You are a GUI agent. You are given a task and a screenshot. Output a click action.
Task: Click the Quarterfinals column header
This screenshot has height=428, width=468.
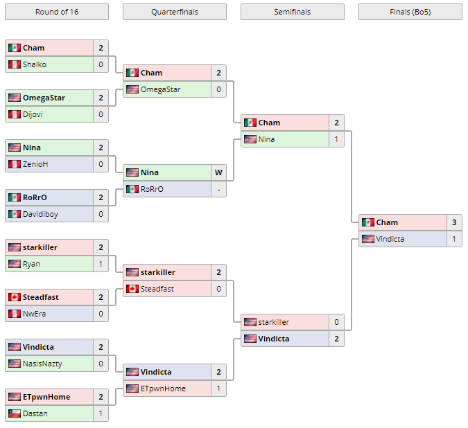click(x=174, y=12)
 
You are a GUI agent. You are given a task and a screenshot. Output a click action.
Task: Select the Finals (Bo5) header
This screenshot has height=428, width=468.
click(x=410, y=12)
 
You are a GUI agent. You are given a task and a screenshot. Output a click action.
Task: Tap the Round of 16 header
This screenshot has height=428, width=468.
click(x=56, y=12)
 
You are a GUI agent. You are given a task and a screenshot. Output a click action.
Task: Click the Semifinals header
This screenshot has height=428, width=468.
click(x=292, y=12)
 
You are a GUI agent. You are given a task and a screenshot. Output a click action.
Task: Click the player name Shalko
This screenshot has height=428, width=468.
click(x=35, y=64)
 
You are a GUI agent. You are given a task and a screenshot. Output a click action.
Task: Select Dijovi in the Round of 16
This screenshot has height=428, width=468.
click(x=33, y=114)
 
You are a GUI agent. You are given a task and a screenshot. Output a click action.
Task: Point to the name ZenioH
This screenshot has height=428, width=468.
click(x=35, y=164)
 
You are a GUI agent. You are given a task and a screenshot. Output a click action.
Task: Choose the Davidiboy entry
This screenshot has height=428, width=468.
click(x=40, y=214)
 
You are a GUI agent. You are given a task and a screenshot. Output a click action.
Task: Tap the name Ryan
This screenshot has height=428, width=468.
click(x=31, y=264)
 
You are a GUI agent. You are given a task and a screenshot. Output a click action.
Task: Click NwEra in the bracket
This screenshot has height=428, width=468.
click(x=34, y=314)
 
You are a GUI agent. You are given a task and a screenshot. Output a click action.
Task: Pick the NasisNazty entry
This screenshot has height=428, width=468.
click(x=43, y=364)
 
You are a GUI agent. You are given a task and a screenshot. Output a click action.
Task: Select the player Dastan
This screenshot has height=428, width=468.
click(x=35, y=413)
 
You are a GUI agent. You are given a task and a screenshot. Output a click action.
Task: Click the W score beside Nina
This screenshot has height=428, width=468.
click(x=218, y=172)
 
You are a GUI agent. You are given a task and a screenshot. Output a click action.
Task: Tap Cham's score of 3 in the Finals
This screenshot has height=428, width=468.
click(x=454, y=222)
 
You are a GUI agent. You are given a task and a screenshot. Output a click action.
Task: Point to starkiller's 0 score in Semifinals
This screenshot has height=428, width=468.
click(x=336, y=322)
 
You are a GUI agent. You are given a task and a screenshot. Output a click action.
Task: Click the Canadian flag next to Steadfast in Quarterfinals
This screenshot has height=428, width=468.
click(x=132, y=289)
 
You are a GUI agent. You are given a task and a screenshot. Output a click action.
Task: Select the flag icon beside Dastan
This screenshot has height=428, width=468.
click(x=14, y=413)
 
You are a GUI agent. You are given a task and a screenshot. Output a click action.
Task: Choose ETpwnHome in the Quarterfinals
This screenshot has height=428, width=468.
click(x=163, y=389)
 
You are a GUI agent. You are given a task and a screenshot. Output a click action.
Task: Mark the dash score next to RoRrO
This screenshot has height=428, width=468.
click(x=218, y=189)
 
